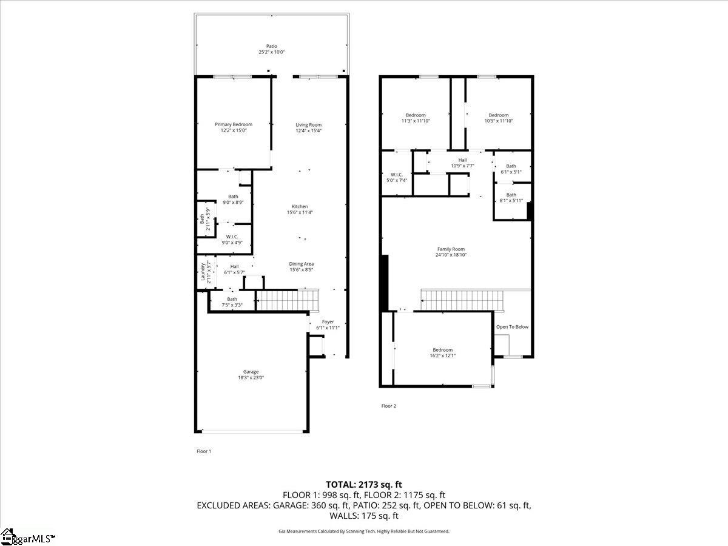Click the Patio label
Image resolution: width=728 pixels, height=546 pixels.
coord(271,46)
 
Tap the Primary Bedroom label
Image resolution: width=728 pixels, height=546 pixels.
coord(234,124)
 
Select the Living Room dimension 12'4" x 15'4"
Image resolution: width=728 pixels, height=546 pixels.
coord(308,130)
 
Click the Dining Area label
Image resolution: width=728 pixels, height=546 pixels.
coord(301,264)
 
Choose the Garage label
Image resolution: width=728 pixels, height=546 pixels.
coord(251,372)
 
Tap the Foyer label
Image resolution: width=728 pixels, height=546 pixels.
coord(328,322)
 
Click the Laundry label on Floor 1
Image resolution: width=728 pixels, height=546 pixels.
coord(203,272)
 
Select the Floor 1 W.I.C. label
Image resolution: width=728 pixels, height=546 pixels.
coord(231,237)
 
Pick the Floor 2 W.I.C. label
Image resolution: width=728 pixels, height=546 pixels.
coord(397,175)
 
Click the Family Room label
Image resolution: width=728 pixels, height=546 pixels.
coord(451,249)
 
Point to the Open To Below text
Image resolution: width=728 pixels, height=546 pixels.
coord(512,327)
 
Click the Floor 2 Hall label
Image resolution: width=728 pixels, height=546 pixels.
coord(462,160)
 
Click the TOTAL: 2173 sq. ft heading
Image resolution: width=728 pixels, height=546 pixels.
coord(364,484)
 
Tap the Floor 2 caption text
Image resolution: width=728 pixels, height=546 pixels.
coord(388,406)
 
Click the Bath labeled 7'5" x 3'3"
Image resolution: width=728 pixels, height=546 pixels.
coord(232,298)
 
